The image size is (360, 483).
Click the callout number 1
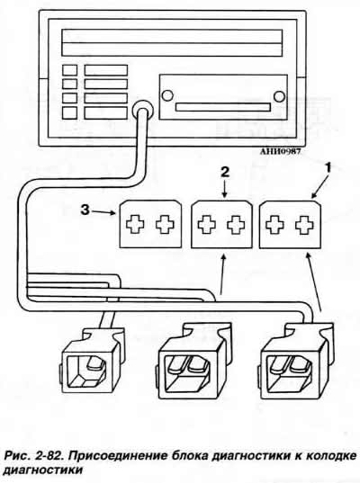click(328, 168)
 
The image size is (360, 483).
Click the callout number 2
click(225, 173)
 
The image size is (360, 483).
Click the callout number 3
click(85, 210)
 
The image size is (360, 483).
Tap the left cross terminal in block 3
click(135, 224)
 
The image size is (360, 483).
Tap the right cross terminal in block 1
click(304, 224)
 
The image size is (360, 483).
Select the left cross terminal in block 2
click(206, 224)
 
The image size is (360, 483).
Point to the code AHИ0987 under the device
click(280, 151)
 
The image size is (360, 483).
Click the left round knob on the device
click(167, 95)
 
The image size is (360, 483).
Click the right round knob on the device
click(279, 96)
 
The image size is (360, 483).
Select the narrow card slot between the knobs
click(223, 107)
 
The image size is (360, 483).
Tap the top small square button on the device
click(69, 70)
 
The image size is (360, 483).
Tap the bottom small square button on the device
click(69, 112)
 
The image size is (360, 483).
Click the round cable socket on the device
click(142, 109)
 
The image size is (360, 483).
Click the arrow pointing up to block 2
click(223, 273)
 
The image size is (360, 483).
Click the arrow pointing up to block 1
click(314, 282)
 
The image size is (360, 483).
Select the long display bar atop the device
click(172, 43)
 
